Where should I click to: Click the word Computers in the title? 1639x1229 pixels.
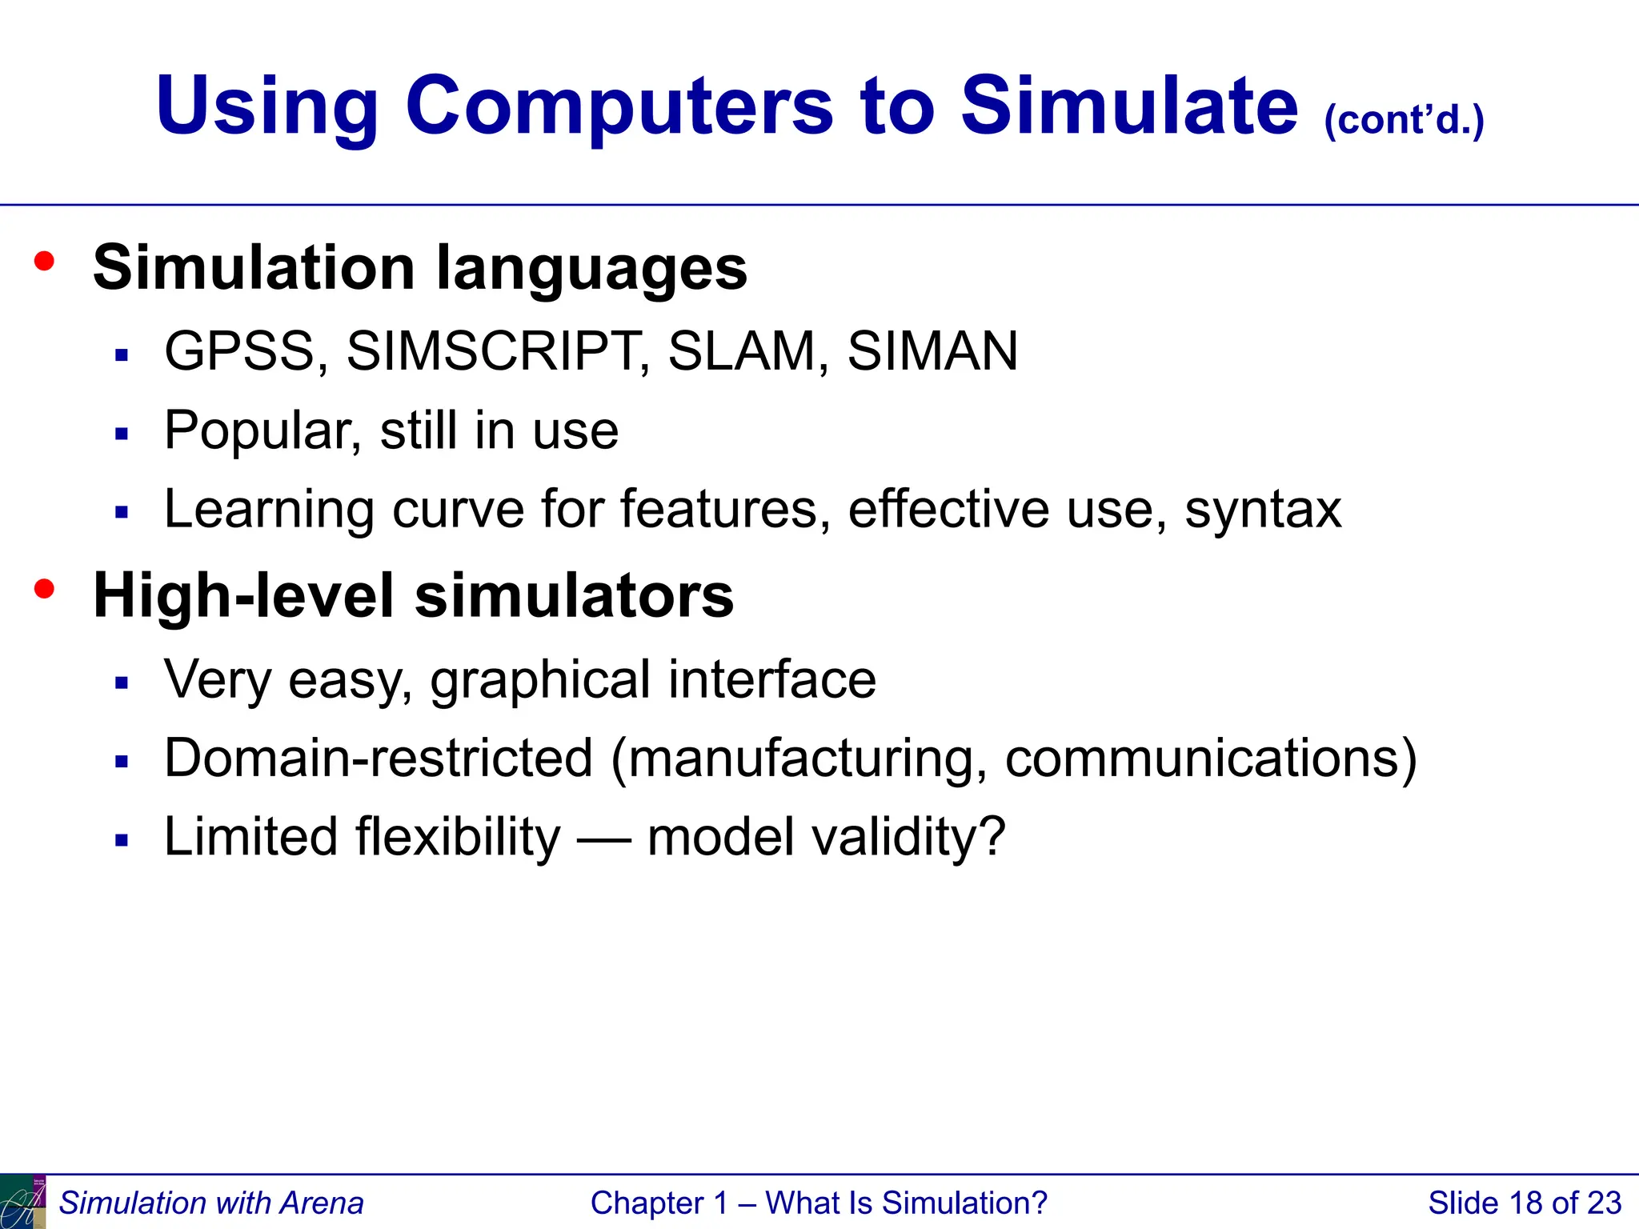[x=620, y=106]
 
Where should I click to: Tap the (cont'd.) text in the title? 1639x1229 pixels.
[x=1405, y=120]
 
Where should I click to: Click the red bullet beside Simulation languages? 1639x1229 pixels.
[x=45, y=261]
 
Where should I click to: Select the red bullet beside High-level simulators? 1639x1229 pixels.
[x=45, y=590]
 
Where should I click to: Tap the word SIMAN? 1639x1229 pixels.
[x=932, y=351]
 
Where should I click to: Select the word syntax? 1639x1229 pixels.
[x=1262, y=510]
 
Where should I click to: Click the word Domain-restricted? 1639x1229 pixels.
[x=378, y=759]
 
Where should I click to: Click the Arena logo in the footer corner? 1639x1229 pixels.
[x=22, y=1202]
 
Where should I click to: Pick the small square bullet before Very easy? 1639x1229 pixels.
[x=122, y=683]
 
